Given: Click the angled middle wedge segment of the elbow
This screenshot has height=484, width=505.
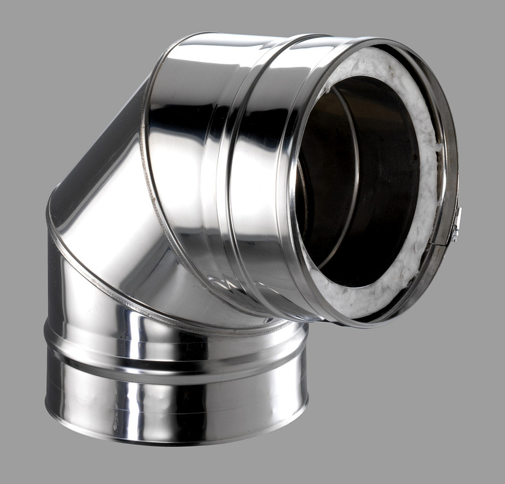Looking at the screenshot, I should point(102,198).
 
